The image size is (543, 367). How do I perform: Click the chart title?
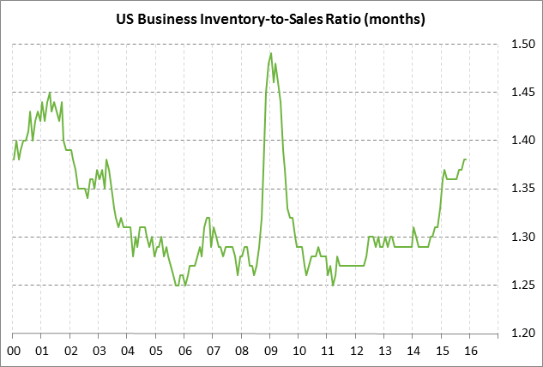click(271, 17)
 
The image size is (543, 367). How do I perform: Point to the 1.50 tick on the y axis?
click(523, 44)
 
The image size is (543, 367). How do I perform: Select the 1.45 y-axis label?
click(523, 92)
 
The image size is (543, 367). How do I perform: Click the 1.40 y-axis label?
click(523, 140)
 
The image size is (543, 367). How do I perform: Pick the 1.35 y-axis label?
click(523, 189)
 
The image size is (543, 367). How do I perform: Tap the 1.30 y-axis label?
click(523, 237)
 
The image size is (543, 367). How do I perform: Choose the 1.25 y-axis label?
click(523, 285)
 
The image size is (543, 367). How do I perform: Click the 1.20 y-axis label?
click(523, 333)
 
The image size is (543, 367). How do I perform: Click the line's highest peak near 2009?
click(271, 53)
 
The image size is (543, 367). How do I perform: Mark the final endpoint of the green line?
click(466, 159)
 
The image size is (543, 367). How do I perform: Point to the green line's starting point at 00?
click(14, 159)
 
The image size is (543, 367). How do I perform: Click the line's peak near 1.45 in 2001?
click(50, 92)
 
